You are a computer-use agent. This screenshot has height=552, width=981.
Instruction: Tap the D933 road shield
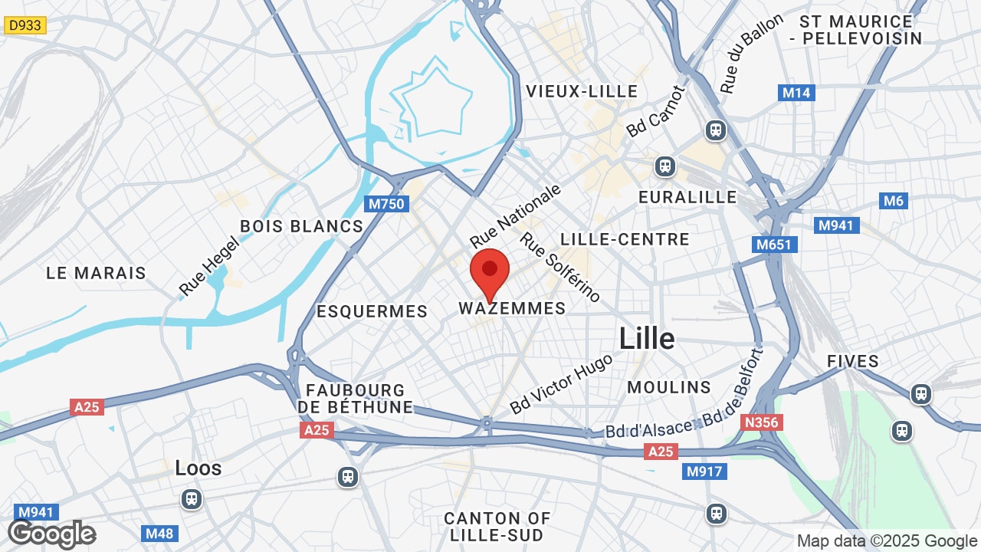(25, 26)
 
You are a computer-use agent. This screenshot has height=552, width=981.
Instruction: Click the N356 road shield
(760, 422)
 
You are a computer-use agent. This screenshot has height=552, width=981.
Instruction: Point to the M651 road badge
(775, 245)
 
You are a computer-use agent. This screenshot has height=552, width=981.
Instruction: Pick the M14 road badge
(796, 93)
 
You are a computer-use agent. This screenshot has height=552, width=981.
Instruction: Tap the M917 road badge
(704, 472)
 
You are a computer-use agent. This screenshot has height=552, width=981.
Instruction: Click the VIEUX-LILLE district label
(582, 91)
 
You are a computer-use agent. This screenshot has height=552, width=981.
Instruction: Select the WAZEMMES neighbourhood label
(512, 308)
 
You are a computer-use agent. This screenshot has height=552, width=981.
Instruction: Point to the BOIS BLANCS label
(301, 226)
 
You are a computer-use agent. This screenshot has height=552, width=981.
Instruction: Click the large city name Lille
(647, 338)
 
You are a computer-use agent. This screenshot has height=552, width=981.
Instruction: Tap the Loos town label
(198, 468)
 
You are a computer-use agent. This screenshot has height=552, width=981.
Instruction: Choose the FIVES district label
(853, 361)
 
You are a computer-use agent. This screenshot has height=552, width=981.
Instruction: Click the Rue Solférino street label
(560, 267)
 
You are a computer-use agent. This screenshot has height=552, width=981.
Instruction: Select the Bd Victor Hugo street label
(562, 383)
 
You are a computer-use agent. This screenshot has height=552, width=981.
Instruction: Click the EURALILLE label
(687, 197)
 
